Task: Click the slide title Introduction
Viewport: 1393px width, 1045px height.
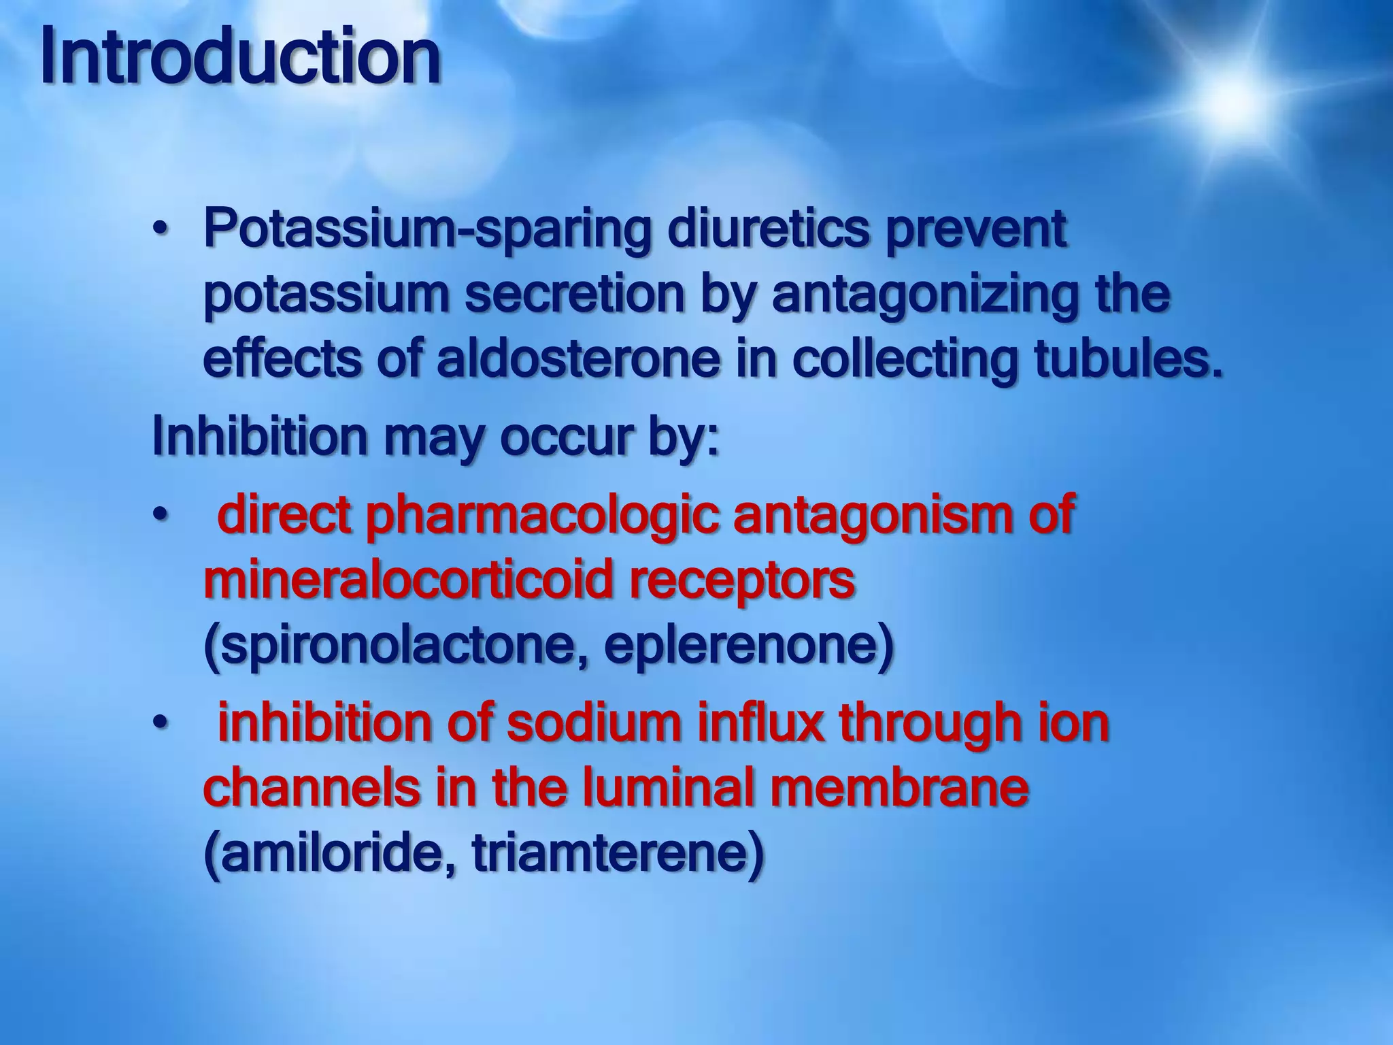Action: (240, 58)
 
